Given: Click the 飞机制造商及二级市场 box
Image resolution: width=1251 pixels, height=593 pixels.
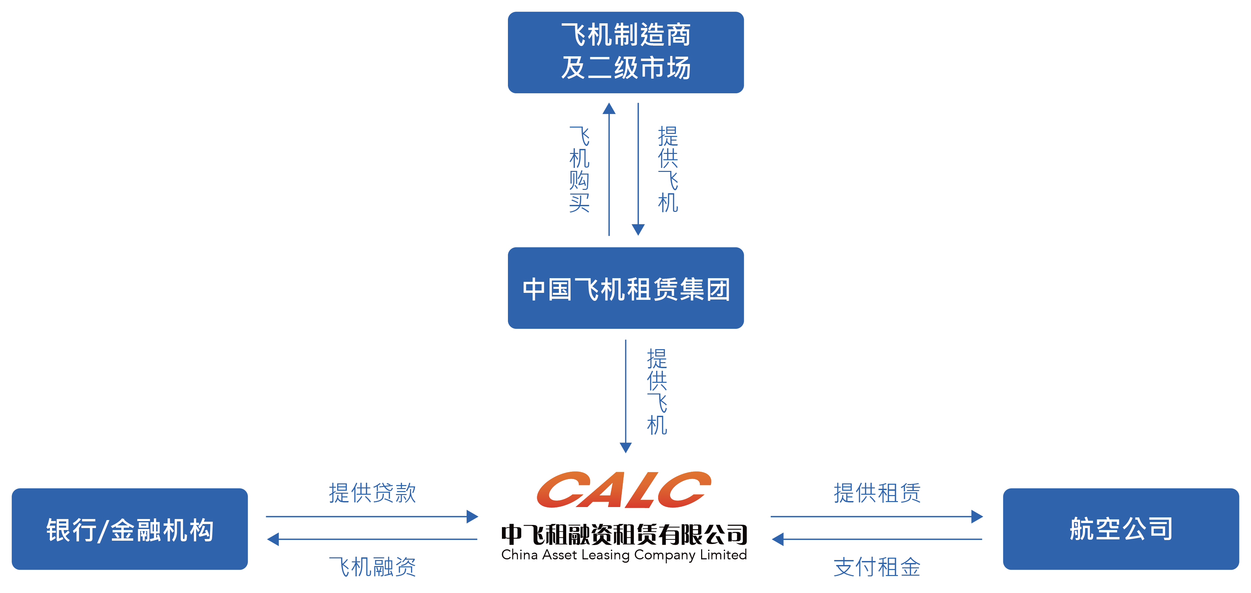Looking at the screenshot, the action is tap(625, 52).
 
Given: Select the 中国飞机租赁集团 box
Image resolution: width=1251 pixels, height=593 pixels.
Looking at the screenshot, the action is tap(625, 288).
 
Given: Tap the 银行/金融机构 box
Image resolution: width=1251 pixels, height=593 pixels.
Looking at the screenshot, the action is tap(130, 529).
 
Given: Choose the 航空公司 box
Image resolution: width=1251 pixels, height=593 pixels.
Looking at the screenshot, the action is tap(1121, 529).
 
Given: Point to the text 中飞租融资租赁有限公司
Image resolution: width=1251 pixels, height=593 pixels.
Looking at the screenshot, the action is tap(624, 535).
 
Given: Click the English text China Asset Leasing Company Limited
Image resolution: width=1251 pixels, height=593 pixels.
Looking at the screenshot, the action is tap(624, 555).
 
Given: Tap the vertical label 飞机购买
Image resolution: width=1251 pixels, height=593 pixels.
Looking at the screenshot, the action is tap(579, 169).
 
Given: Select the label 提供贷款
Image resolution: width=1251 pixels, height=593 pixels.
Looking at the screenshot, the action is tap(372, 492).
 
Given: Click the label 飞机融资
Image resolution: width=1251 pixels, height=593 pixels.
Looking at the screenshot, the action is tap(372, 567).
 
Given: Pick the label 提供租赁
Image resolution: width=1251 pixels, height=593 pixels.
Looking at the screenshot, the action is tap(877, 492).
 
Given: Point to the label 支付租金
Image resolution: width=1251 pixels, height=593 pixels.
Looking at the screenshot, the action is tap(877, 567).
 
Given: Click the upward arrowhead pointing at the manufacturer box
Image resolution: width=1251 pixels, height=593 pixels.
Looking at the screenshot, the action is tap(609, 108).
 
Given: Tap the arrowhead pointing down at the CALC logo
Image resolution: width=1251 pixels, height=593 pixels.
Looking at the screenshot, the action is tap(625, 447).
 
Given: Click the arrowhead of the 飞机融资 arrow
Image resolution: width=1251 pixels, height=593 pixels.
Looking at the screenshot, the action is tap(273, 539).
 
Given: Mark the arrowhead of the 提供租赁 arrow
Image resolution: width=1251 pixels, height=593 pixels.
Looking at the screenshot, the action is tap(977, 516).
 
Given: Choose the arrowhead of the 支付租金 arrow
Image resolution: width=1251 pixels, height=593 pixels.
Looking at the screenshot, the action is tap(777, 539).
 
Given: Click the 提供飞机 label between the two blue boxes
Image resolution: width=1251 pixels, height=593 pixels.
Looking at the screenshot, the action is tap(668, 169).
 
